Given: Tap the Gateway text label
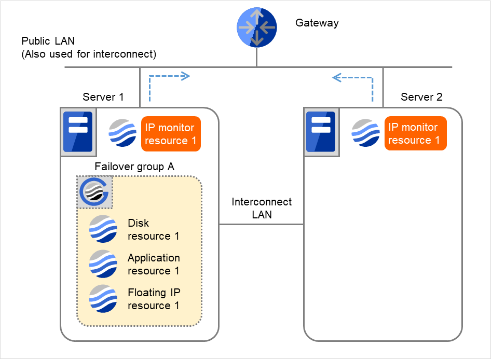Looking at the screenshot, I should [317, 23].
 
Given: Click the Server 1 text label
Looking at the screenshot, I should [103, 97].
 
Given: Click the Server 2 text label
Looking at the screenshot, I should [421, 97].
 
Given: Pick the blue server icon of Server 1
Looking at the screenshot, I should [77, 132].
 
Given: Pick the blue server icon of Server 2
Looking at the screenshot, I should [320, 132].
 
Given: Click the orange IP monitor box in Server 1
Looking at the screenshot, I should [171, 134].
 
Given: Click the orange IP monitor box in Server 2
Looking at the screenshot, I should [415, 133].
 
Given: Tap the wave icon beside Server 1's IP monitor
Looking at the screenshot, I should [122, 133].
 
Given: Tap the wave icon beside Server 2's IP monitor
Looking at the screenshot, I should [366, 133].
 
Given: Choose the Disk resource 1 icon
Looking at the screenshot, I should [103, 229].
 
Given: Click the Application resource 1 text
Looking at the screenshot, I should [154, 264].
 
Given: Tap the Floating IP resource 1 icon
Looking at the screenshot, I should [103, 298].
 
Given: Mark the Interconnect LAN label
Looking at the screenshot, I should [262, 208].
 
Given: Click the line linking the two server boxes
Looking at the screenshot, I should [261, 225].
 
